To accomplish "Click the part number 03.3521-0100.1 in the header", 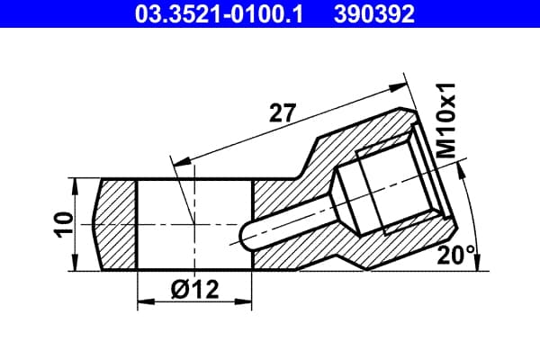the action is (x=219, y=14).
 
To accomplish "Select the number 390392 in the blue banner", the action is (x=374, y=14).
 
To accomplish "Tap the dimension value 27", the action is (x=283, y=112).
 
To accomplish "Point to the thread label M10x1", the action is (x=445, y=121).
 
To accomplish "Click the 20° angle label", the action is (x=455, y=256).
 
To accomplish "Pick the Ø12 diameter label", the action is (x=194, y=290).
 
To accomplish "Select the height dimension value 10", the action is (x=64, y=225).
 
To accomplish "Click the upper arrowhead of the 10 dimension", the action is (x=75, y=186).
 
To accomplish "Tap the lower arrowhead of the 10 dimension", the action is (x=75, y=264).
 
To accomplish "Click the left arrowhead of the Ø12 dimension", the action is (x=145, y=301).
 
